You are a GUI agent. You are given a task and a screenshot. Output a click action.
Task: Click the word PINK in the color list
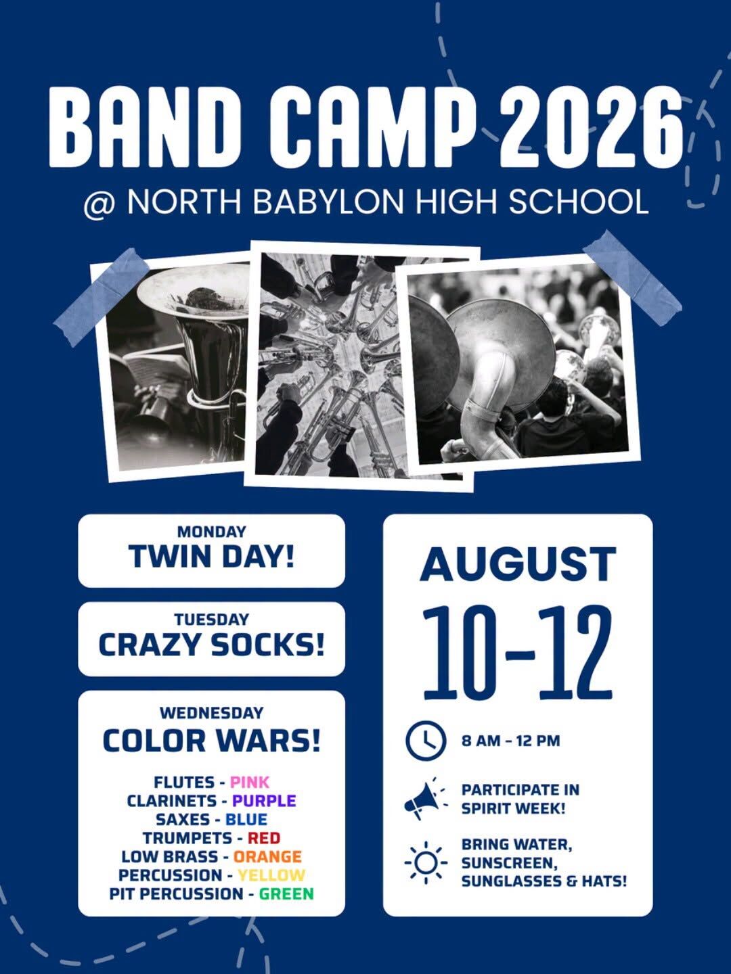click(250, 782)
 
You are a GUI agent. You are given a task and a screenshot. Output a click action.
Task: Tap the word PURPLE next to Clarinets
click(264, 800)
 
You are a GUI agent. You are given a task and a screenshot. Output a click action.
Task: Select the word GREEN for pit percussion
click(286, 894)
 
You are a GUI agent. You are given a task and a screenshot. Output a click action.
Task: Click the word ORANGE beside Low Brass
click(267, 856)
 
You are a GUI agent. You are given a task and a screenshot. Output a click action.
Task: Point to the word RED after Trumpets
click(264, 838)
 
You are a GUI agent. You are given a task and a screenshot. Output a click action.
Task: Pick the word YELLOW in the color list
click(271, 875)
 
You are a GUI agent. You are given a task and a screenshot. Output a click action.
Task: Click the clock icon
click(426, 741)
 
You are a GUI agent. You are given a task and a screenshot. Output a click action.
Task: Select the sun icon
click(426, 862)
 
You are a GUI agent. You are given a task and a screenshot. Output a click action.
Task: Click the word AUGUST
click(518, 564)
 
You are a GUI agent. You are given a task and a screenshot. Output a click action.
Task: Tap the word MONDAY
click(211, 532)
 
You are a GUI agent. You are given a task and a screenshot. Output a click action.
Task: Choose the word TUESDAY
click(211, 620)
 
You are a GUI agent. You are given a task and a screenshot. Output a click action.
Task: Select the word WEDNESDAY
click(211, 713)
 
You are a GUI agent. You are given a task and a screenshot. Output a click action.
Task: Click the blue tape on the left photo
click(102, 298)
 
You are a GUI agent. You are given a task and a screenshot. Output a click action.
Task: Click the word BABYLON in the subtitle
click(328, 202)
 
